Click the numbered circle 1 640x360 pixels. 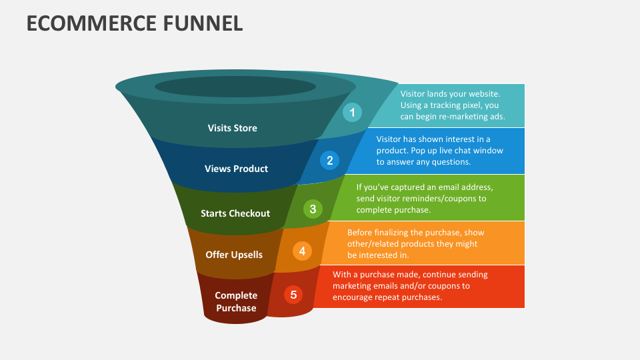tap(353, 112)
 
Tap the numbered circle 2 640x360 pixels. tap(329, 160)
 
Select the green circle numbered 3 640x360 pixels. tap(313, 209)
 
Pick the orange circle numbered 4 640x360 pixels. tap(302, 251)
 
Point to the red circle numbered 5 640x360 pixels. tap(293, 294)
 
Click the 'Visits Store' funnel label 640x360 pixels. tap(232, 128)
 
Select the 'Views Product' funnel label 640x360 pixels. tap(236, 169)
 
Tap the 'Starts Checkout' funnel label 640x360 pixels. tap(235, 213)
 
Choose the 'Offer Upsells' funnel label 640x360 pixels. tap(234, 255)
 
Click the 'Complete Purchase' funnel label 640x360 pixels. tap(235, 301)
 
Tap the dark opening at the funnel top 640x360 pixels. tap(235, 87)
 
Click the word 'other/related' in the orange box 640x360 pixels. tap(373, 244)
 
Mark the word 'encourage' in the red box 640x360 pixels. tap(353, 297)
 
